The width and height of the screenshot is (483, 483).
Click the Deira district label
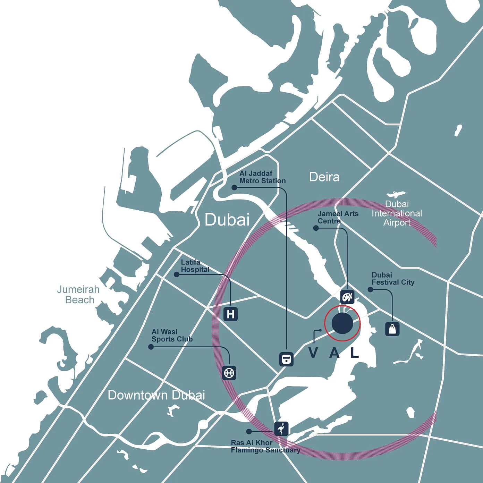[x=324, y=177]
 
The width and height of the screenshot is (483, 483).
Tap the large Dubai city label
[x=227, y=219]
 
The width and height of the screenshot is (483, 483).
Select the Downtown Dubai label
[x=156, y=395]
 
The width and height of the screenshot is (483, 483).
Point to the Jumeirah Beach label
[x=78, y=295]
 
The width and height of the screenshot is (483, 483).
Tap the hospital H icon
[x=230, y=314]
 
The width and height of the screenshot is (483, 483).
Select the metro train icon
[x=286, y=359]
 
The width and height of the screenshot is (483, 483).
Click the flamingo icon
[x=281, y=429]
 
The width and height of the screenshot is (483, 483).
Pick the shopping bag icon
[x=392, y=329]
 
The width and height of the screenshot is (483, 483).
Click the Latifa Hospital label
[x=195, y=266]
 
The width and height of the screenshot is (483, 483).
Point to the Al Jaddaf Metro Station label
[x=262, y=177]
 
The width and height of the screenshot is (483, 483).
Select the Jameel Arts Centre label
[x=338, y=217]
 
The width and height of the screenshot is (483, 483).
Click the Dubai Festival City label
[x=393, y=279]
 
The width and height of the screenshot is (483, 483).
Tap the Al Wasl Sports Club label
[x=172, y=336]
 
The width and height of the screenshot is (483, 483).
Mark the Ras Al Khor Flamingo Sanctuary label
[x=265, y=447]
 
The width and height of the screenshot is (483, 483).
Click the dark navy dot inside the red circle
[x=342, y=323]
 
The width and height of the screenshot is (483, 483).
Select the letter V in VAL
[x=313, y=353]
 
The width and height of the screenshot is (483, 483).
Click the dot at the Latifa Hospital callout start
[x=176, y=274]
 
